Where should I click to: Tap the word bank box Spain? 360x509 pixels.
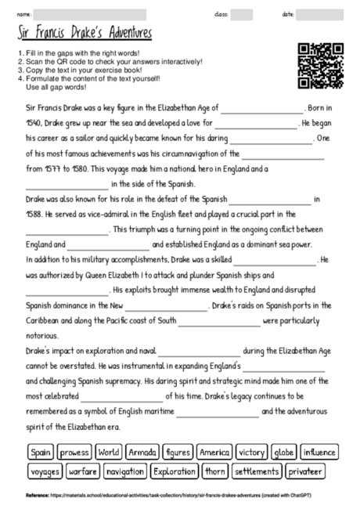point(40,452)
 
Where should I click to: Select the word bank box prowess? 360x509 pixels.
point(74,452)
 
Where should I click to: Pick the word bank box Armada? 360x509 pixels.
point(142,452)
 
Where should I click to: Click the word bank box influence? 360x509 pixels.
point(319,452)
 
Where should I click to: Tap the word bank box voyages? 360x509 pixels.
point(44,471)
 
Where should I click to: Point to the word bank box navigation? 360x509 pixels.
point(124,471)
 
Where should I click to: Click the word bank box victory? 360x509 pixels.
point(252,452)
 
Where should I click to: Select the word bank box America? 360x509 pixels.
point(214,452)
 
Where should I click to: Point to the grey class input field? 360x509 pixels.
point(241,14)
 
